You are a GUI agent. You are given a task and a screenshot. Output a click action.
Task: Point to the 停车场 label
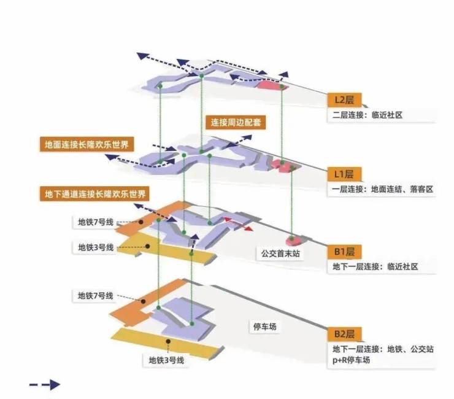tap(264, 327)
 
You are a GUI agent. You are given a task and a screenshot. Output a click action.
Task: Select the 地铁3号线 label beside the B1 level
tap(96, 247)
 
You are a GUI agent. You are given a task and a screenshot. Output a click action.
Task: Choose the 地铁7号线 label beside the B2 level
tap(96, 296)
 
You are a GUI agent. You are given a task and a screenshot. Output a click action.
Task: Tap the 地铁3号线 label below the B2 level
tap(166, 360)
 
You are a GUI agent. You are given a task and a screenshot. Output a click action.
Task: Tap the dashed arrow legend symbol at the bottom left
tap(45, 385)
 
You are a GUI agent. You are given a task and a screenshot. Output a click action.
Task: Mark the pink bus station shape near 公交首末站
tap(293, 239)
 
